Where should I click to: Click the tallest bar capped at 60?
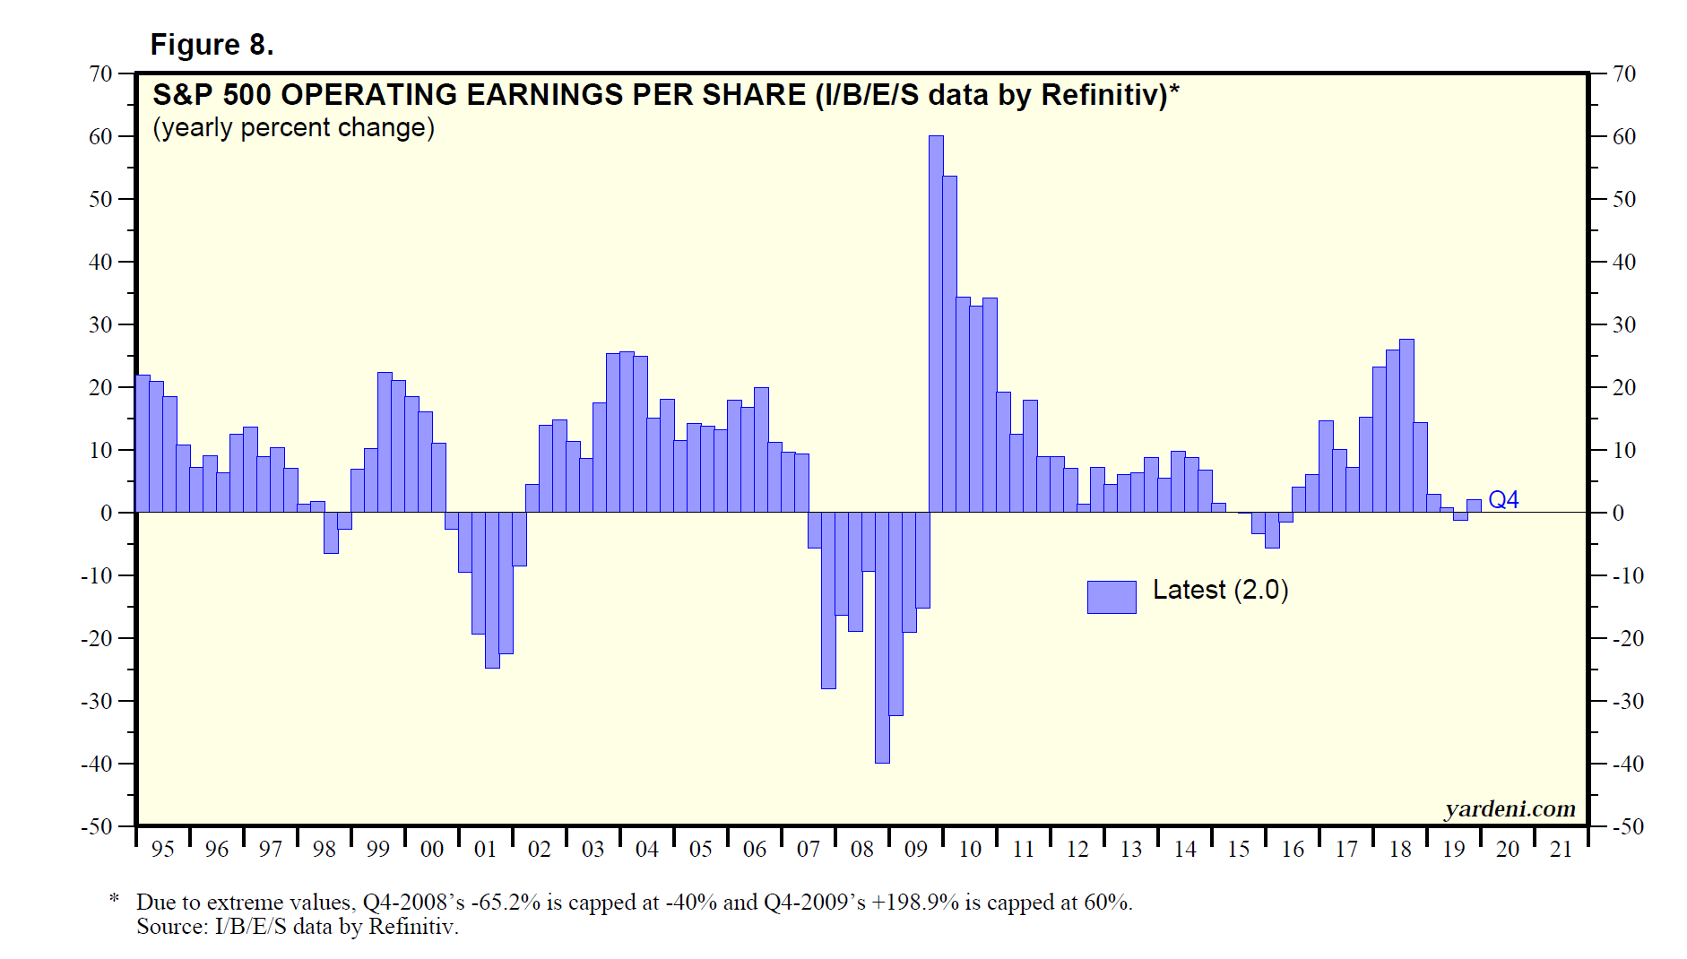pyautogui.click(x=936, y=323)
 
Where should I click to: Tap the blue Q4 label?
pyautogui.click(x=1503, y=500)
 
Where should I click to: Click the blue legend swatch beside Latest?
pyautogui.click(x=1112, y=597)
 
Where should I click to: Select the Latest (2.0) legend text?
pyautogui.click(x=1220, y=590)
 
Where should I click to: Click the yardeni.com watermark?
pyautogui.click(x=1510, y=808)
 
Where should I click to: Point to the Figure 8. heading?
pyautogui.click(x=212, y=45)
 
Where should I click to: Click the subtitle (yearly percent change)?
pyautogui.click(x=293, y=127)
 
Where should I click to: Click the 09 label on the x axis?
pyautogui.click(x=915, y=849)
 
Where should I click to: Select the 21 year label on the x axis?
pyautogui.click(x=1561, y=849)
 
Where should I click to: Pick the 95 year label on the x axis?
pyautogui.click(x=162, y=849)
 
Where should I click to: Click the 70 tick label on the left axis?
pyautogui.click(x=100, y=73)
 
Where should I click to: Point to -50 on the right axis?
pyautogui.click(x=1629, y=826)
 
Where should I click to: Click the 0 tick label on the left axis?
pyautogui.click(x=107, y=513)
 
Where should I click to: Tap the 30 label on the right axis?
pyautogui.click(x=1624, y=324)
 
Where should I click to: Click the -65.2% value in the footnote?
pyautogui.click(x=506, y=902)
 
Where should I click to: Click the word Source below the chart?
pyautogui.click(x=169, y=926)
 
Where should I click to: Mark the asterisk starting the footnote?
pyautogui.click(x=114, y=898)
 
